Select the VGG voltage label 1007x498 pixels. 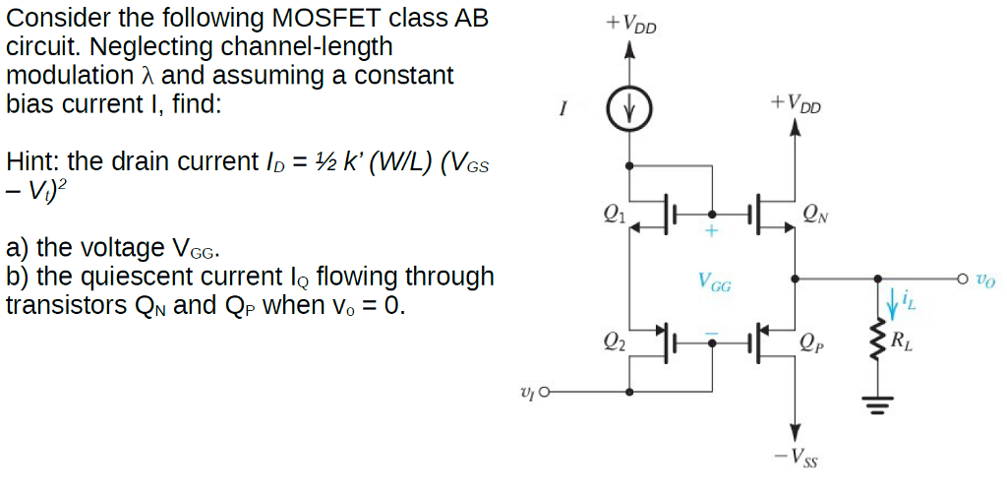tap(714, 283)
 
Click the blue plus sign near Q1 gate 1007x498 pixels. tap(712, 232)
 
